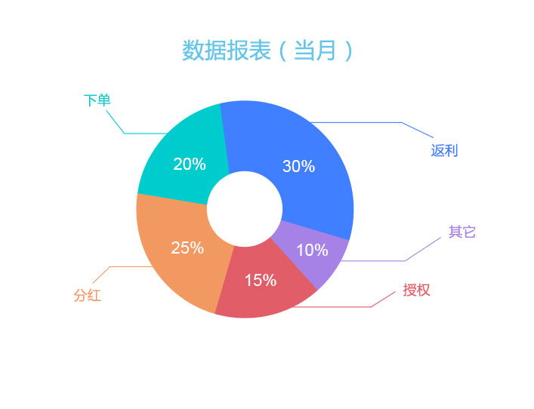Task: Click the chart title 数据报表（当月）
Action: click(x=267, y=51)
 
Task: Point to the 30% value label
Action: click(x=298, y=166)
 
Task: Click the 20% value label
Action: click(x=190, y=164)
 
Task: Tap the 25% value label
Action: click(x=187, y=248)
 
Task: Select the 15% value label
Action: click(x=261, y=281)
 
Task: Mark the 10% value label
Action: click(x=312, y=250)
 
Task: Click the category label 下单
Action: click(x=97, y=100)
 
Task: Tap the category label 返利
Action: click(x=444, y=150)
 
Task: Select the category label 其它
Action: click(x=461, y=232)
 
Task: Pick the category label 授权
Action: click(x=416, y=290)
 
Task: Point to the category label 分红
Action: click(x=88, y=295)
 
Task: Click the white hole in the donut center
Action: click(x=245, y=209)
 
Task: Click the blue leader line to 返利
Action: click(x=402, y=122)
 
